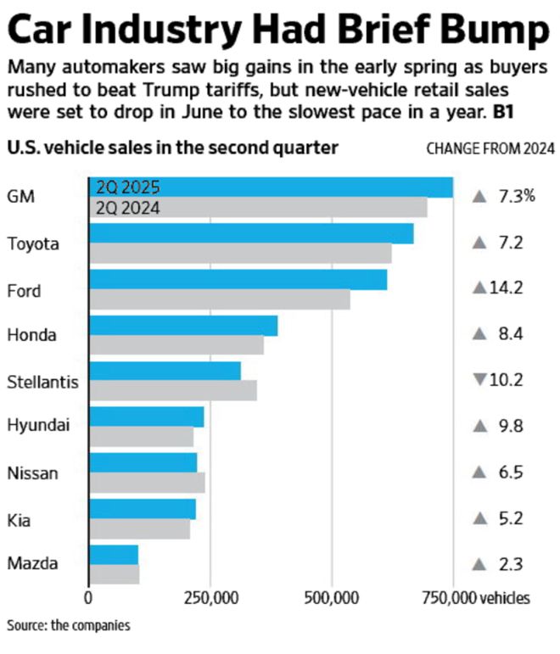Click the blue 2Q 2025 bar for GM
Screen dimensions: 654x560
272,187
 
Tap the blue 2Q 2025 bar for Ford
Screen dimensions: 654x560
238,279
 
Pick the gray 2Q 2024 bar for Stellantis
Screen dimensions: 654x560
173,390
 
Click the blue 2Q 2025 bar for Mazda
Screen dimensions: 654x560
114,554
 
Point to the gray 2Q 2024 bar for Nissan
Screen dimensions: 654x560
147,483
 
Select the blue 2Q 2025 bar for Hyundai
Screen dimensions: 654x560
146,416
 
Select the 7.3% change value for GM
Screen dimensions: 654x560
516,197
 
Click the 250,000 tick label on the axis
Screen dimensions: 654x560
209,597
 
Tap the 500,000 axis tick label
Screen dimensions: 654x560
332,597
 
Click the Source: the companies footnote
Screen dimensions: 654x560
58,625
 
